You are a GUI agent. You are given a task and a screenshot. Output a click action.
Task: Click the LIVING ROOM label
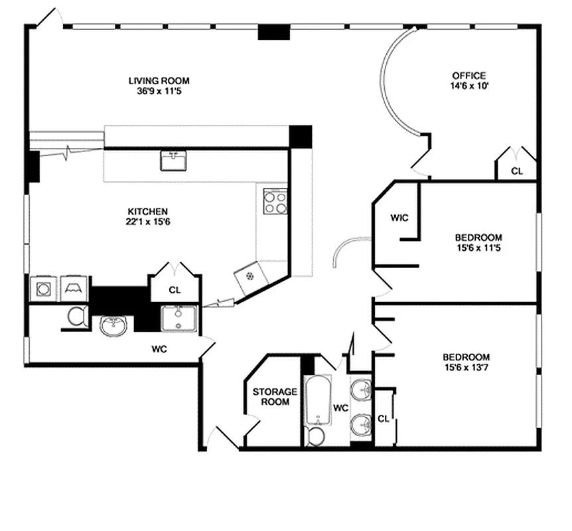(155, 81)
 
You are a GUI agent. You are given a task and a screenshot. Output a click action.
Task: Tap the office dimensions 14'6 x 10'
(469, 86)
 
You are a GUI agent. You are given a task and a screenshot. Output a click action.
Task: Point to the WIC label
(399, 218)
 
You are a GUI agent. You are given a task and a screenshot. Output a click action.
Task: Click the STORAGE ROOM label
(274, 397)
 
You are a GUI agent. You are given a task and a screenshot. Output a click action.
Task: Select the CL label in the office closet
(516, 171)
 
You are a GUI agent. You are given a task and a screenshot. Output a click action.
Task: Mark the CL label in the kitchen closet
(175, 290)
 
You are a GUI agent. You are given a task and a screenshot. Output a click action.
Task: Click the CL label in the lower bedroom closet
(384, 419)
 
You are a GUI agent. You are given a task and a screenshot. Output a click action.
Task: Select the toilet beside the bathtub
(317, 436)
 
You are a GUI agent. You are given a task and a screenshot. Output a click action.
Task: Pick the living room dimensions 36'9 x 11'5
(155, 91)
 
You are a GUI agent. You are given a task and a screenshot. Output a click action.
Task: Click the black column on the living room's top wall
(274, 31)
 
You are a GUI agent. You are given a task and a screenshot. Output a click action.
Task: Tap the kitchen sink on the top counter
(173, 159)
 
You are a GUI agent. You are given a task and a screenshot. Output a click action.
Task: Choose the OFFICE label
(469, 76)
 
